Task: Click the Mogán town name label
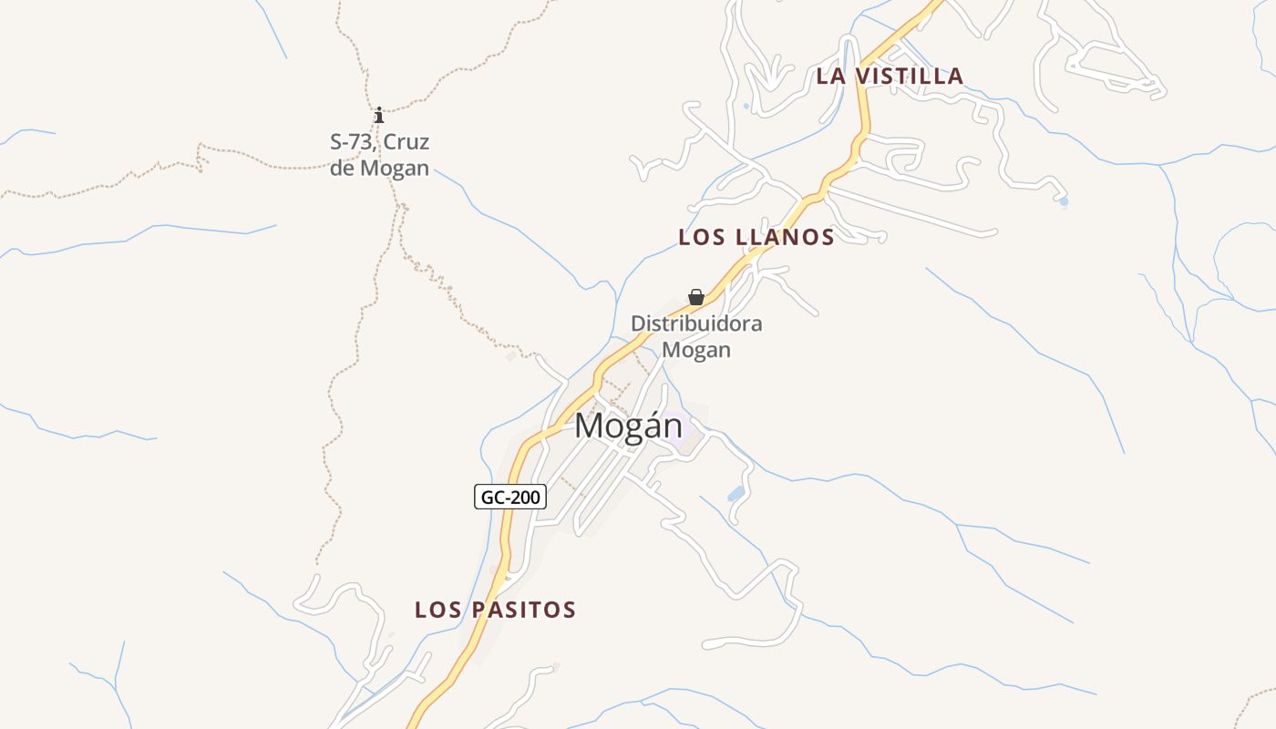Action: [x=628, y=426]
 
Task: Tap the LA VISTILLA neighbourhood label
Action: [x=890, y=76]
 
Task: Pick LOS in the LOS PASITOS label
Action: [x=437, y=610]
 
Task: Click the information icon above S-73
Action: [x=379, y=115]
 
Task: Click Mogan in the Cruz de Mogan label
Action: [x=395, y=169]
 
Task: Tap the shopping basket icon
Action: [x=696, y=297]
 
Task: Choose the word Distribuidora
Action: [x=696, y=323]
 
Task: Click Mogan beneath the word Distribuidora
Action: [x=696, y=350]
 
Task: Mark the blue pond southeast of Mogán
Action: [x=736, y=494]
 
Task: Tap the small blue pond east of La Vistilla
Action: [x=1064, y=200]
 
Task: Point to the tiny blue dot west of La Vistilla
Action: [x=746, y=107]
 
